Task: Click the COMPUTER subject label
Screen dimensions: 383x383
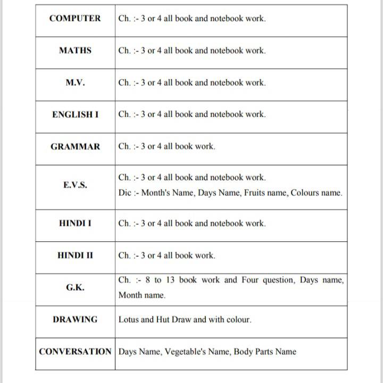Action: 74,18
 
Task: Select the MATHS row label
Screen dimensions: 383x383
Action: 75,51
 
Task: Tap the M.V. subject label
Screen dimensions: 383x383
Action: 75,82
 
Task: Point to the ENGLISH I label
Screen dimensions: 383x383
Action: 75,114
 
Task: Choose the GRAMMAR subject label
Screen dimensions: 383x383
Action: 75,146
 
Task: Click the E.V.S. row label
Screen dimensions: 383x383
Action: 75,185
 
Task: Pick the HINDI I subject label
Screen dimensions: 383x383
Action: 75,223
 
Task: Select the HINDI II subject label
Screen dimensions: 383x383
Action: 75,255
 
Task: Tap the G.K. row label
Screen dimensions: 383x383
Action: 75,287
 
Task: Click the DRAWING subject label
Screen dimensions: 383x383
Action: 75,320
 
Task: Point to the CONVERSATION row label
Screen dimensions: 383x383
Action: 75,352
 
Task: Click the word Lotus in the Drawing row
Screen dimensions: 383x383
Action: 128,320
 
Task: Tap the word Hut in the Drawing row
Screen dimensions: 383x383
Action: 163,320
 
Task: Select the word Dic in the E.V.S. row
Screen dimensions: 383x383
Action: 125,193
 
